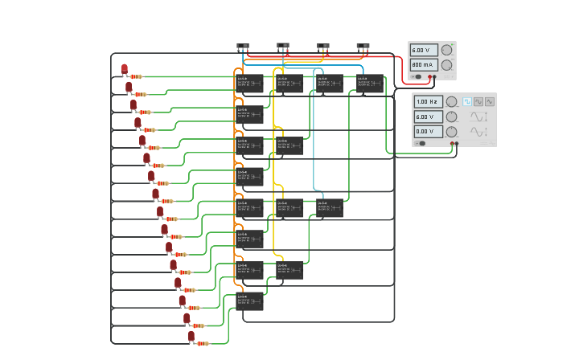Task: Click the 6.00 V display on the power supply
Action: click(424, 50)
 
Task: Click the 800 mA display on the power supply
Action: click(424, 65)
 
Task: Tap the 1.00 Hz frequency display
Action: click(428, 102)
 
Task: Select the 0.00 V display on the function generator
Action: click(428, 131)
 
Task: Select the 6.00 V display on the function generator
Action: click(428, 117)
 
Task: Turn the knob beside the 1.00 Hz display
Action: click(451, 102)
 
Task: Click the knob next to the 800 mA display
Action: click(446, 65)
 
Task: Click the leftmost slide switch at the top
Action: click(243, 46)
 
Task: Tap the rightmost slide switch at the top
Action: click(363, 46)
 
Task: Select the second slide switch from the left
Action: click(283, 46)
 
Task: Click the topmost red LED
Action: click(124, 69)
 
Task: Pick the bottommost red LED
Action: click(191, 336)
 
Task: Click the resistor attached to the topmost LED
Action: click(135, 76)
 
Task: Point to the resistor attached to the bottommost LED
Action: click(202, 343)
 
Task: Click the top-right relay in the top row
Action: click(370, 83)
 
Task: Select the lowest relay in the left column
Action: click(249, 301)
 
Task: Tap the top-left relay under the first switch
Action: click(249, 83)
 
